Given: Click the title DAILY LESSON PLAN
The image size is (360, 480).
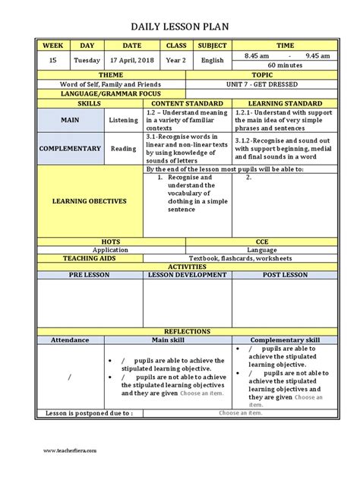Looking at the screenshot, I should pyautogui.click(x=180, y=27).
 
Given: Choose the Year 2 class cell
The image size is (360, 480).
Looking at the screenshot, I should pyautogui.click(x=176, y=60).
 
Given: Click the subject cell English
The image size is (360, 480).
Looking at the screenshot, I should pyautogui.click(x=213, y=60).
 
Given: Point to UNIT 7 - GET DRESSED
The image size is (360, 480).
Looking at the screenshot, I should pyautogui.click(x=276, y=84).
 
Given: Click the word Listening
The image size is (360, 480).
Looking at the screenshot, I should pyautogui.click(x=124, y=120).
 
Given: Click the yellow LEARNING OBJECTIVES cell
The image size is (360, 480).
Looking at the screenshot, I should pyautogui.click(x=90, y=201).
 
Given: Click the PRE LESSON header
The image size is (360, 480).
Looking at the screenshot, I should pyautogui.click(x=90, y=275).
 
